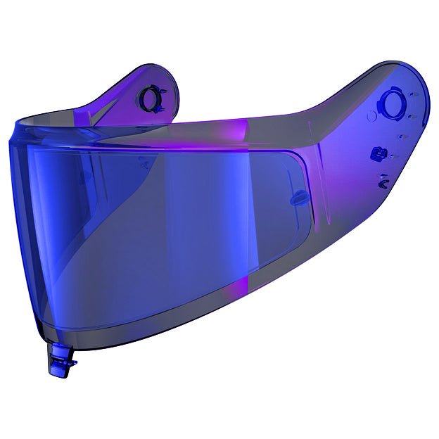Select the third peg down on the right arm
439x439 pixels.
[x=404, y=134]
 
